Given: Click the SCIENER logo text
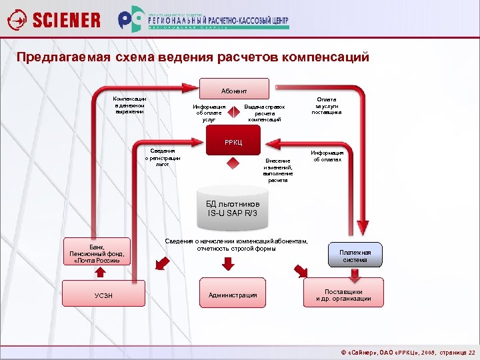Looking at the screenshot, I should (67, 20).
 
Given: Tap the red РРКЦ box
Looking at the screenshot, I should (233, 143).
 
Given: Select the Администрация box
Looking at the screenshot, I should (233, 295).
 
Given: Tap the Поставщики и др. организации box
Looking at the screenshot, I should (343, 295).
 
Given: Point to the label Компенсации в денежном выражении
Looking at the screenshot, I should (129, 105).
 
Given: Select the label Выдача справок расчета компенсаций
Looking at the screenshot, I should (265, 113).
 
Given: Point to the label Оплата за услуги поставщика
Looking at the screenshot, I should (327, 105).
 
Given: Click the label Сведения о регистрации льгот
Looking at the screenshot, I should (163, 157).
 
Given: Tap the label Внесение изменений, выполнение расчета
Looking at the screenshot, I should (278, 170).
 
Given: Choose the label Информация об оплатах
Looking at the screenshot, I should (327, 156).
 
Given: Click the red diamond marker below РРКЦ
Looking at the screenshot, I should (232, 163).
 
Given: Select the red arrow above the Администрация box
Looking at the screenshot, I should (228, 264).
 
